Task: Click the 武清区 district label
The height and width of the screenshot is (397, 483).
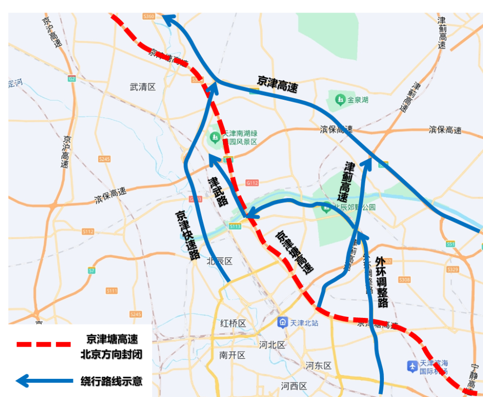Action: click(x=143, y=87)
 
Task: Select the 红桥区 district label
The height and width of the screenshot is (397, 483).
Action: click(x=233, y=323)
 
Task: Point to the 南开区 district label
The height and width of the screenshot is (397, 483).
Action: click(x=232, y=355)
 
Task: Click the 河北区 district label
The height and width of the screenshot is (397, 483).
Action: click(x=272, y=345)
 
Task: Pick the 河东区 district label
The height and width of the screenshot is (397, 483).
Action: click(x=318, y=365)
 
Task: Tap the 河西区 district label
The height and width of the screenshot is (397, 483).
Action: click(x=294, y=386)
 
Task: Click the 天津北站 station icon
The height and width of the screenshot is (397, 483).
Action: click(x=283, y=322)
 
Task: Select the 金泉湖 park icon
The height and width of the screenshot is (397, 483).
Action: click(x=341, y=100)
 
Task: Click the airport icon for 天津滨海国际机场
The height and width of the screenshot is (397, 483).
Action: click(x=413, y=365)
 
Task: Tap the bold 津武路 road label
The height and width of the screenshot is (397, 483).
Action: click(x=218, y=191)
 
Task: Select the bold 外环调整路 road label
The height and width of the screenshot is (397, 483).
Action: click(x=382, y=282)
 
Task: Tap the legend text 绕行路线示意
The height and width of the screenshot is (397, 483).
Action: click(x=111, y=381)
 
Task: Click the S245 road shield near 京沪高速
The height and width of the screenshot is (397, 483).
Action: click(x=104, y=159)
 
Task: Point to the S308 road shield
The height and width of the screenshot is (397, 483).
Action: click(x=404, y=280)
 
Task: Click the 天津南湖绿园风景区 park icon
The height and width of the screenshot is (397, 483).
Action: click(x=215, y=136)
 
